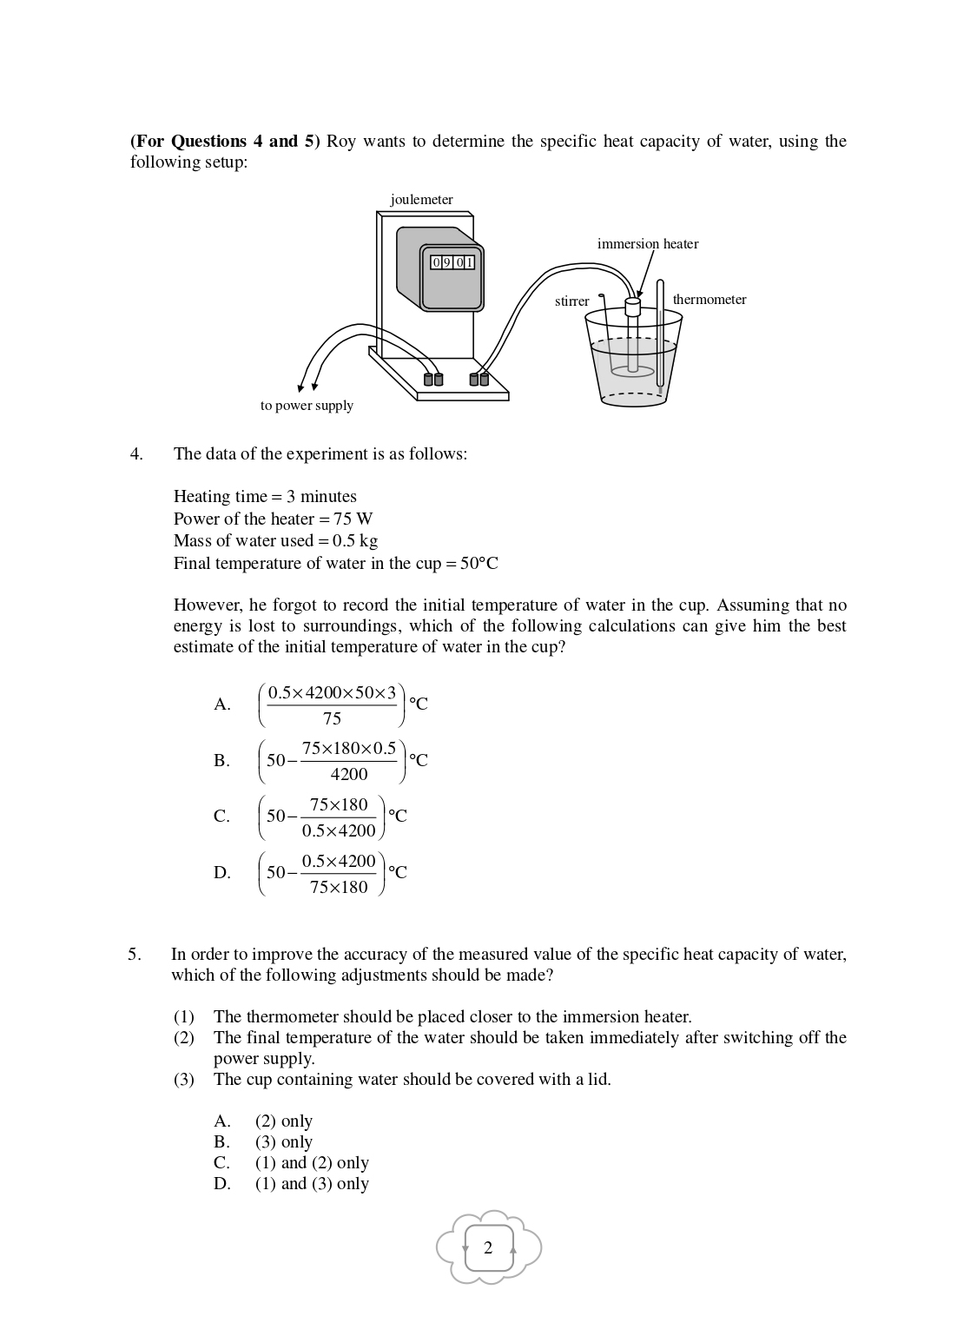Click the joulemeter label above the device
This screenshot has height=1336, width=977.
pyautogui.click(x=421, y=200)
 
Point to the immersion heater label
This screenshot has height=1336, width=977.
pyautogui.click(x=647, y=244)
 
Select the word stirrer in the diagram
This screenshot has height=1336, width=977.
pyautogui.click(x=571, y=301)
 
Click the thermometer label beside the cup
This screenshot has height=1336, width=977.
pyautogui.click(x=709, y=300)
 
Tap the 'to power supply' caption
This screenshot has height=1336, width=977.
pyautogui.click(x=307, y=406)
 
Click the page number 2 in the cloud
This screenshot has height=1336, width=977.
pyautogui.click(x=488, y=1248)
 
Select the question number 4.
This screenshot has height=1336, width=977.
pyautogui.click(x=136, y=453)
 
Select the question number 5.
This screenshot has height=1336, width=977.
pyautogui.click(x=135, y=955)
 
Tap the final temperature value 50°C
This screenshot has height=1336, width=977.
pyautogui.click(x=479, y=563)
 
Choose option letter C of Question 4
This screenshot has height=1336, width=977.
pyautogui.click(x=221, y=817)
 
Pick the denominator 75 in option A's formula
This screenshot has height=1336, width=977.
pyautogui.click(x=332, y=718)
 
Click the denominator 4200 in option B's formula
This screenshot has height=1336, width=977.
pyautogui.click(x=349, y=774)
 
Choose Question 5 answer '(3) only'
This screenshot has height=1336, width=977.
pyautogui.click(x=283, y=1142)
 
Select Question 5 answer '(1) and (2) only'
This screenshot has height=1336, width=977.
pyautogui.click(x=311, y=1163)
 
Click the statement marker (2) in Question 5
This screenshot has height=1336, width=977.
pyautogui.click(x=183, y=1038)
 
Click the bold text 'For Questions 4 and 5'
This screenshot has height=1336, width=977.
pyautogui.click(x=226, y=142)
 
